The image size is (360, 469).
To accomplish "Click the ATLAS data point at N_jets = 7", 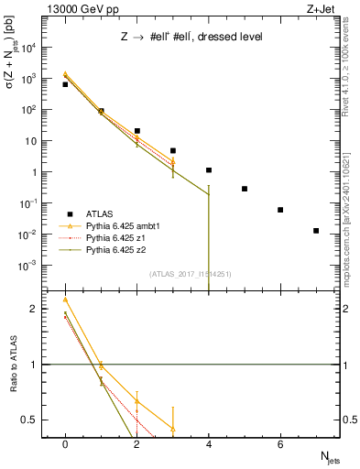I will [316, 231].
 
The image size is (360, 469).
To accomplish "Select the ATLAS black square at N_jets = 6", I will [280, 210].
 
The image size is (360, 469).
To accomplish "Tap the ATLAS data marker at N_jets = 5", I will [245, 189].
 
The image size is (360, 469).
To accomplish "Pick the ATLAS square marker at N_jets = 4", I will [209, 170].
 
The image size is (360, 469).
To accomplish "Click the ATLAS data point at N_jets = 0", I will [65, 84].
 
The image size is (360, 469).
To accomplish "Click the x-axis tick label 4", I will [209, 444].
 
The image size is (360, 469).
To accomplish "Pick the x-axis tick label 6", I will [280, 444].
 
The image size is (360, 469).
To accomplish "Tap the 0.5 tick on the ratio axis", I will [34, 420].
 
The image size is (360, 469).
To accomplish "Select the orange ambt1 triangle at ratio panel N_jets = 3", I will [173, 428].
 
